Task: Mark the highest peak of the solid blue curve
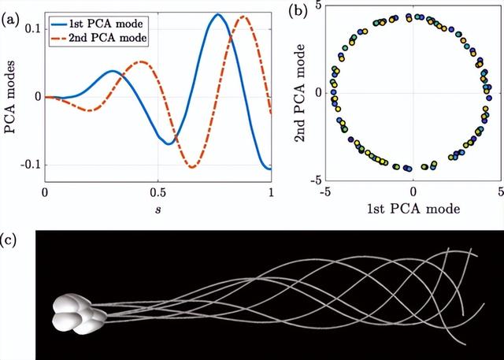[218, 14]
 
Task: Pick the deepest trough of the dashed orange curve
[191, 166]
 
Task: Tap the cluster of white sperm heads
[78, 311]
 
